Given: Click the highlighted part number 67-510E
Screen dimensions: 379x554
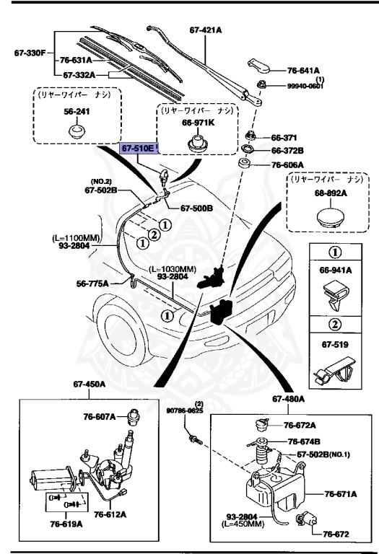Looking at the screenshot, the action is (139, 149).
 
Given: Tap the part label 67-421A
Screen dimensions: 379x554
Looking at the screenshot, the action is (206, 30).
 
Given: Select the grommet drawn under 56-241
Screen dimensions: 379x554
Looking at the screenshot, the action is (77, 131).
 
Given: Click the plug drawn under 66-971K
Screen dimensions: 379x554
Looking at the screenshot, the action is (198, 142).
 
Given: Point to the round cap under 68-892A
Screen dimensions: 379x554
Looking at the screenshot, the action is (330, 219).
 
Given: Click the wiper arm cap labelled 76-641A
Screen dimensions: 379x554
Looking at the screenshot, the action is (259, 66).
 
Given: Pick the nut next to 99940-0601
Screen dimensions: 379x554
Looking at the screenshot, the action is (261, 85).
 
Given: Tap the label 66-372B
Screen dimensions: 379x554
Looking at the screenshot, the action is (288, 151).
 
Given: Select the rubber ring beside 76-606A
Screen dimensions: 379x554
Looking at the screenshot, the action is (243, 164).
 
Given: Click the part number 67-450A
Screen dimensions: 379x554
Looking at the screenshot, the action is (89, 384).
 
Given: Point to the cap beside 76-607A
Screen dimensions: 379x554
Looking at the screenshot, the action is (133, 417).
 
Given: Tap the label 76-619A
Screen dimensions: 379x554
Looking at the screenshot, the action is (66, 524).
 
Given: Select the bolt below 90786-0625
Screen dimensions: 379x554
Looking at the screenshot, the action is (196, 440).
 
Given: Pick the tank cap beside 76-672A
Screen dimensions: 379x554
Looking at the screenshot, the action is (262, 424).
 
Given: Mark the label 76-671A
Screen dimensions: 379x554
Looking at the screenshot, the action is (341, 494).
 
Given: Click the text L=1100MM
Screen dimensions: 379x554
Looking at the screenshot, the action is (76, 238).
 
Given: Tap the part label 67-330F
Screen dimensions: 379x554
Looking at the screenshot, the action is (30, 53).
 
